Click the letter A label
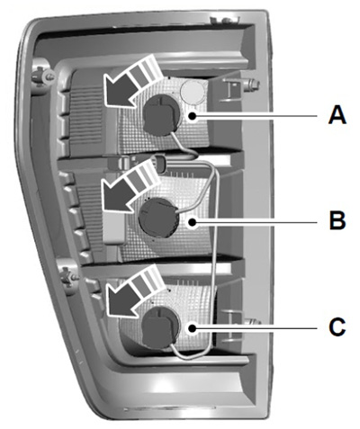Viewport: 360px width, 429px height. pos(337,116)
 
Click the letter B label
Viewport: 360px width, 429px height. pos(337,220)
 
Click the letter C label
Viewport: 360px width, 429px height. pos(337,326)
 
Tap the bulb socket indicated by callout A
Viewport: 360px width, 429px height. pos(162,113)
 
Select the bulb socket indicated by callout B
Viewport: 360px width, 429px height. pos(158,218)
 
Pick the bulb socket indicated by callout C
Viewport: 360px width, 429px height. pos(162,327)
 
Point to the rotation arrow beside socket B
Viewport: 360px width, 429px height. pos(128,186)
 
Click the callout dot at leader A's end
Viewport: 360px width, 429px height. pos(192,116)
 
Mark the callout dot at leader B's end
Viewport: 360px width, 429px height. pos(192,222)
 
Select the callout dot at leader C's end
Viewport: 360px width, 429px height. pos(192,328)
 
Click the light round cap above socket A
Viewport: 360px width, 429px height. pos(192,91)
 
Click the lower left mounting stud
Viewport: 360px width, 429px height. pos(68,276)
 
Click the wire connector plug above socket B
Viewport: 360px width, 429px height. pos(160,163)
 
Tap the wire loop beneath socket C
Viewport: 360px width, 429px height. pos(192,353)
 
